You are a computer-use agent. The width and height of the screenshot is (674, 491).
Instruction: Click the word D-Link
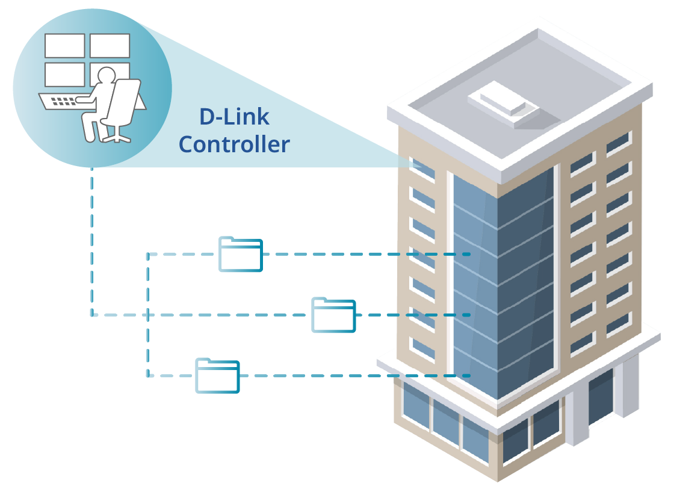coord(234,117)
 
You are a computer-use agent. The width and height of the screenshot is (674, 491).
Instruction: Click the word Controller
coord(234,144)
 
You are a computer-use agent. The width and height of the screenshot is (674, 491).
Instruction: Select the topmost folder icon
coord(241,254)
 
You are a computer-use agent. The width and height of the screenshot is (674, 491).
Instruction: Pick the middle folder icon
coord(333,315)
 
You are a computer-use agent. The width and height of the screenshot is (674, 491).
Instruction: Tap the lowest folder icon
coord(217,376)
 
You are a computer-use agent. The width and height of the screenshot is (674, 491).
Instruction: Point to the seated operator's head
coord(106,76)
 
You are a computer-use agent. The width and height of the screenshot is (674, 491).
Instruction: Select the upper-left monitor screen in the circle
coord(64,46)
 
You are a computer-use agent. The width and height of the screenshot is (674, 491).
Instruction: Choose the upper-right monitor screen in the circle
coord(110,46)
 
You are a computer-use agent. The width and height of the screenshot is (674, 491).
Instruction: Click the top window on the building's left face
coord(422,168)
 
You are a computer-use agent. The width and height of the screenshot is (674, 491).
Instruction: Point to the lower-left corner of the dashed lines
coord(148,376)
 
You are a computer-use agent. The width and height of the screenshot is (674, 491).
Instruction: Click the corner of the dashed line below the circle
coord(92,314)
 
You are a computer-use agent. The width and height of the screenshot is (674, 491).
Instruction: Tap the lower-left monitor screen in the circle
coord(64,75)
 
